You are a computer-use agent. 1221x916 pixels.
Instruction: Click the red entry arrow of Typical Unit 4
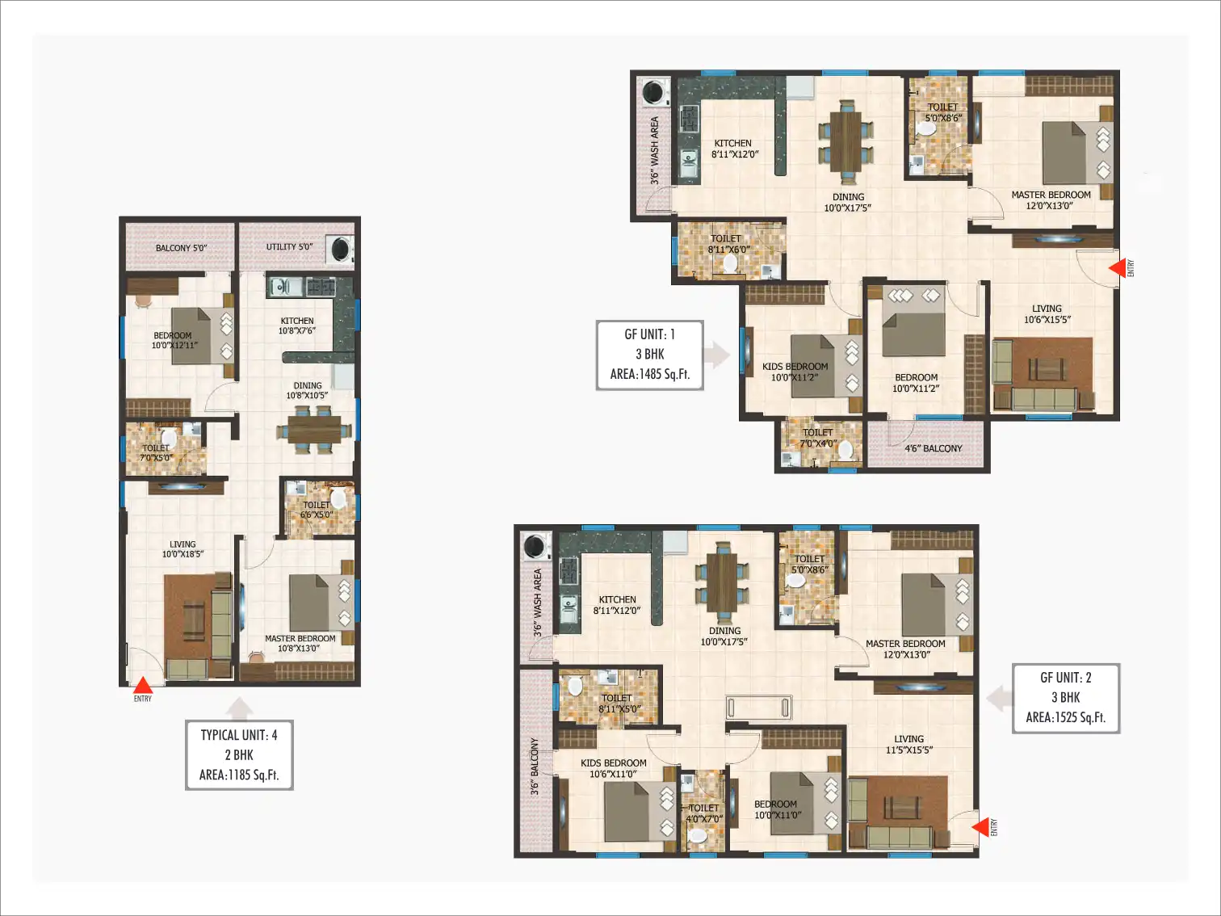pos(143,685)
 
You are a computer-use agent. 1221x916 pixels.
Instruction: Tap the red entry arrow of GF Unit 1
pos(1117,268)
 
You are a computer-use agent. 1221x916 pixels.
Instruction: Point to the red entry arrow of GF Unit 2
pos(980,827)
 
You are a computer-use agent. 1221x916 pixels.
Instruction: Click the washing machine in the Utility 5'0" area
pos(341,249)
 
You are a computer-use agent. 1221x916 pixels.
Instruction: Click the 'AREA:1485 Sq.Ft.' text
pos(650,374)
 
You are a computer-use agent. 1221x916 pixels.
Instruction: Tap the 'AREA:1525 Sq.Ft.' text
pos(1065,717)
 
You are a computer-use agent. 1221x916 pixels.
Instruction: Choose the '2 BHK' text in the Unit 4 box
pos(239,754)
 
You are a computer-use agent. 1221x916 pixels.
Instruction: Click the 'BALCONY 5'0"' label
pos(181,247)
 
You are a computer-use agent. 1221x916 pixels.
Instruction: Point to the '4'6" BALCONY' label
pos(933,448)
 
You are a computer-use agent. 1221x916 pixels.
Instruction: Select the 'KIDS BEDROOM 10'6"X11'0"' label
pos(614,768)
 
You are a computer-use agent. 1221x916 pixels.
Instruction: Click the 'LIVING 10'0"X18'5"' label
pos(183,549)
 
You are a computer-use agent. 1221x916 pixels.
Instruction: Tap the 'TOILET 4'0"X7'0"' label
pos(703,813)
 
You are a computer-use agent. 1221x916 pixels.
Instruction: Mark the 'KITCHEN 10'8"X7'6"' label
pos(297,326)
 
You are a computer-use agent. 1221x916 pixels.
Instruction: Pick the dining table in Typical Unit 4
pos(314,431)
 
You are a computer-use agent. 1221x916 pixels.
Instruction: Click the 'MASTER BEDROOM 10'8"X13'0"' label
pos(300,643)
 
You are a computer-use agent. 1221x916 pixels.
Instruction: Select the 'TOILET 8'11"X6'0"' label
pos(726,244)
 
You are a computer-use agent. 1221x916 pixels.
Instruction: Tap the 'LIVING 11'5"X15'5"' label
pos(909,744)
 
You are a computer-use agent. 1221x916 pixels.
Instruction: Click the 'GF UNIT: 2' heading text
pos(1065,678)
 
